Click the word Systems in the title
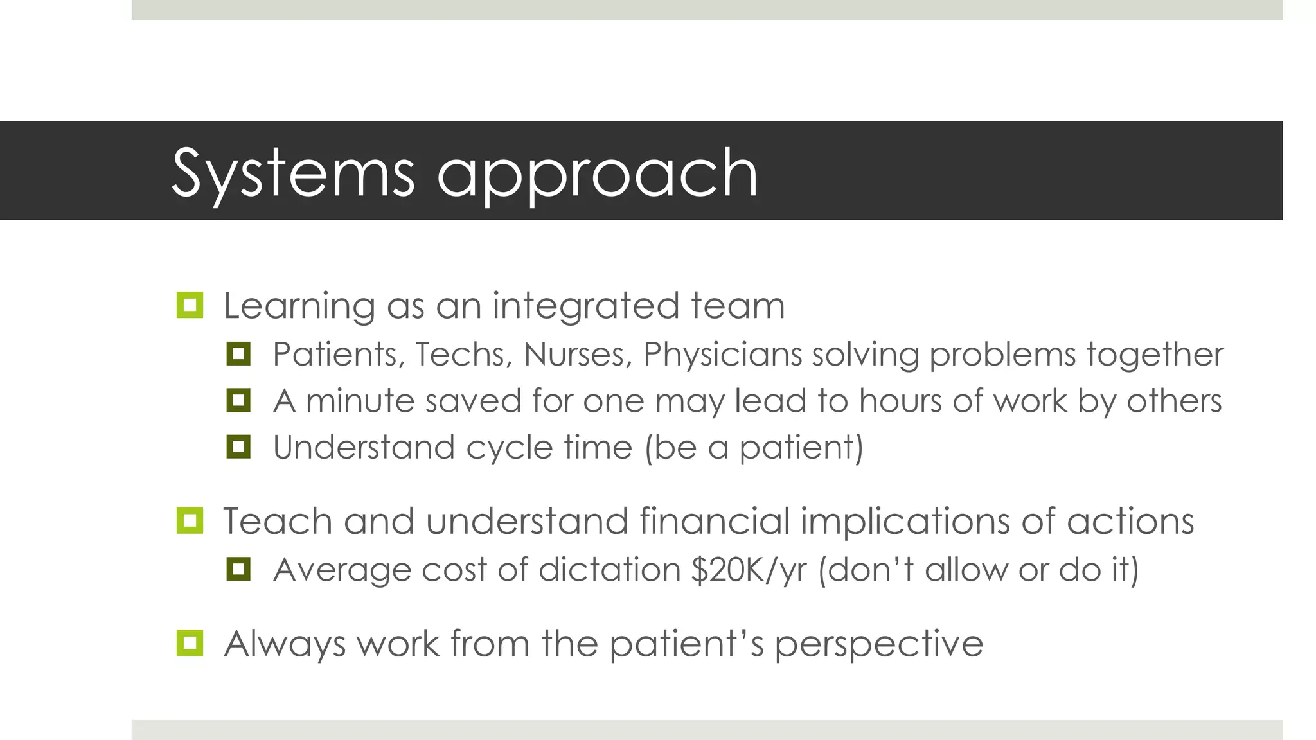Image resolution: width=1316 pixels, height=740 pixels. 293,173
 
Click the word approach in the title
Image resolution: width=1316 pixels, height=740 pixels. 598,175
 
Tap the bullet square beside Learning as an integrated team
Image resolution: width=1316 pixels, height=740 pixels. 190,305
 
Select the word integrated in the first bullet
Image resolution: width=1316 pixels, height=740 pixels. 585,306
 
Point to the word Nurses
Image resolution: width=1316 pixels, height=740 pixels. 578,355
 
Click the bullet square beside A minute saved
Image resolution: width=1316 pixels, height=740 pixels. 238,401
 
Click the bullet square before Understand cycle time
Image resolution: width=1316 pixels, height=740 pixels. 238,447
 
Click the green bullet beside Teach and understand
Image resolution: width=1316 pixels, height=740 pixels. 190,520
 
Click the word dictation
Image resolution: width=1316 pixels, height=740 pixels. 609,570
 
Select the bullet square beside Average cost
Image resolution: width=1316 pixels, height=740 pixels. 238,569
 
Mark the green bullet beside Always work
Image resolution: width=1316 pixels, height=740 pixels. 190,643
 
